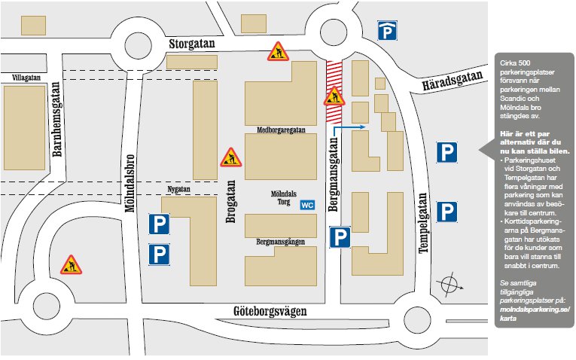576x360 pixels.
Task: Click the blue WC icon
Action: pyautogui.click(x=307, y=205)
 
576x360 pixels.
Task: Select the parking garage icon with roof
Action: pyautogui.click(x=388, y=31)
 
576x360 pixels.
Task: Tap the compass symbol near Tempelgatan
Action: pyautogui.click(x=451, y=286)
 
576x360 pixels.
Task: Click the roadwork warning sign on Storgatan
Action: pyautogui.click(x=277, y=51)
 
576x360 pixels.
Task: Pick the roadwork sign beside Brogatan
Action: pyautogui.click(x=230, y=157)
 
